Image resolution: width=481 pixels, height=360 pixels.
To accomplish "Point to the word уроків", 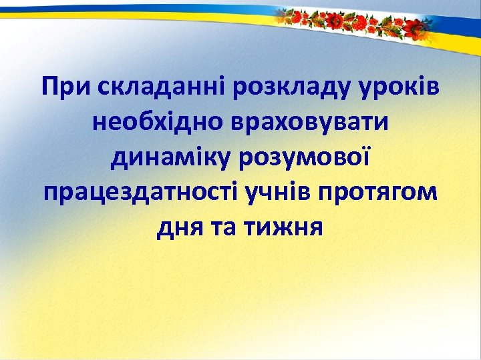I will [x=403, y=87].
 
